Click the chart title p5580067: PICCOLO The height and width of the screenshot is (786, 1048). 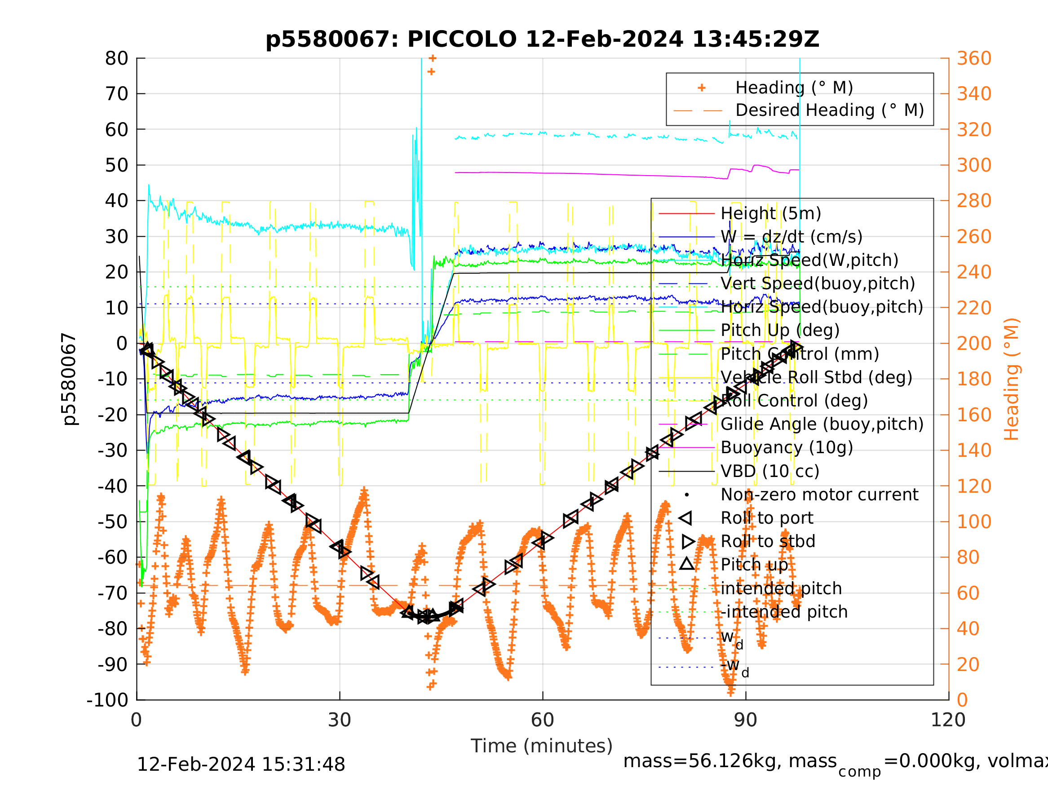(x=542, y=40)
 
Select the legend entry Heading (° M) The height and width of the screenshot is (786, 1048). (x=794, y=88)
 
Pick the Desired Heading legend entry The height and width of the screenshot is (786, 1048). (x=829, y=110)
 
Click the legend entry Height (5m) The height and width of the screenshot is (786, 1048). (x=771, y=214)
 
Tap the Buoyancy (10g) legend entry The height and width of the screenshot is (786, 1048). (x=787, y=448)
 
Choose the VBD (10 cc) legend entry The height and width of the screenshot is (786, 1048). (x=770, y=472)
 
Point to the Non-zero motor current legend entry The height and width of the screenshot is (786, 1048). (x=819, y=495)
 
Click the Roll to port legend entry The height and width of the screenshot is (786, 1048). (x=767, y=518)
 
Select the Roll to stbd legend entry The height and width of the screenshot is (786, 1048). (x=768, y=542)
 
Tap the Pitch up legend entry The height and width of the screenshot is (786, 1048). (x=754, y=565)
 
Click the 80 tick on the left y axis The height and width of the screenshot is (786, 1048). (x=116, y=59)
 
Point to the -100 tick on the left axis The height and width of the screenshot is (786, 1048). (x=107, y=700)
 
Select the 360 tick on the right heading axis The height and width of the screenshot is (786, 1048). (x=974, y=59)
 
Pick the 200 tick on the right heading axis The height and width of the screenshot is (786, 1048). (x=974, y=344)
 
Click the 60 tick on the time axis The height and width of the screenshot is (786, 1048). (x=543, y=720)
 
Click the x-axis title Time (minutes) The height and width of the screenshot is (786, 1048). (x=542, y=746)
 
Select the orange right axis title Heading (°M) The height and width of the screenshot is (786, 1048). (x=1012, y=379)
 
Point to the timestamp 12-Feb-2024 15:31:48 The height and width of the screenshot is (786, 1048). (x=241, y=765)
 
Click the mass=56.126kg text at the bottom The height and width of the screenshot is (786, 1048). (x=730, y=761)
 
